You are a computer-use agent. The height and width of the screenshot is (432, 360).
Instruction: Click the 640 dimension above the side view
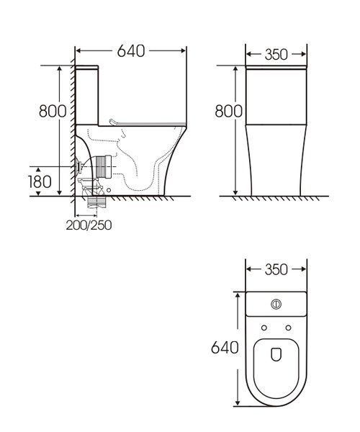click(x=131, y=51)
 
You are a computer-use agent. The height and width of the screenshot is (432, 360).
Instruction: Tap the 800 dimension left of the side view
click(x=53, y=111)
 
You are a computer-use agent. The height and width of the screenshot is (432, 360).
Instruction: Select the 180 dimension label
click(x=40, y=182)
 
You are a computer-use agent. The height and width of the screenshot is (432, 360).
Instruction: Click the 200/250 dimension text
click(x=89, y=225)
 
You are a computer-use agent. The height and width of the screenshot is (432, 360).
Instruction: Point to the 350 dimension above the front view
click(x=276, y=55)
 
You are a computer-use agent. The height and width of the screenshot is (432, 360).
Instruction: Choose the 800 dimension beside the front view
click(x=228, y=111)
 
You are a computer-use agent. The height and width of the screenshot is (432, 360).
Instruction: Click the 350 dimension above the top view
click(x=276, y=269)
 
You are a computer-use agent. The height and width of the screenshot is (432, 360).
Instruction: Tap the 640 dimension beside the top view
click(x=225, y=348)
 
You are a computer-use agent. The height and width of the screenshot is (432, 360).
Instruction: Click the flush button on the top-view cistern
click(x=276, y=304)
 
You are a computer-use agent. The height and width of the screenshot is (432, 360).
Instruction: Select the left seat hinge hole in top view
click(x=264, y=328)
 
